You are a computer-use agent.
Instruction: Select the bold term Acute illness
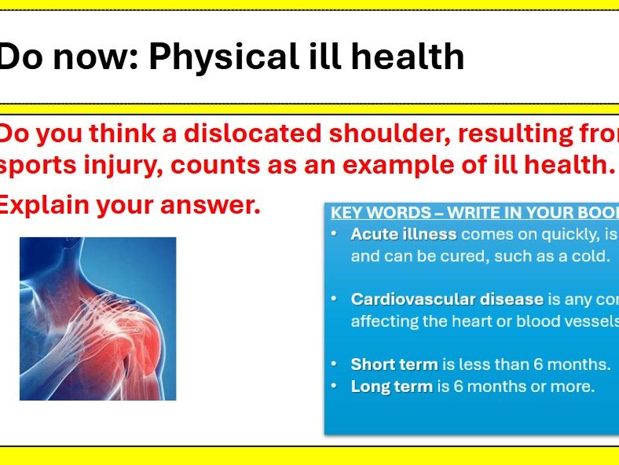click(x=404, y=234)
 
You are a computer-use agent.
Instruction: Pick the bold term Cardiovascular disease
click(x=447, y=299)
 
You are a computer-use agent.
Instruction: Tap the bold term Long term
click(x=392, y=386)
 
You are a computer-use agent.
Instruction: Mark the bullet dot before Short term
click(x=335, y=364)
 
